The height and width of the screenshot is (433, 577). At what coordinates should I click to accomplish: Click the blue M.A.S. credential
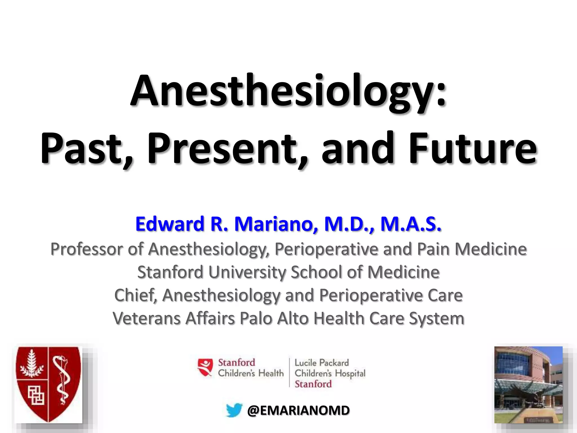411,224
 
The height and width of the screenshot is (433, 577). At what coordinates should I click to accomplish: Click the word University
247,272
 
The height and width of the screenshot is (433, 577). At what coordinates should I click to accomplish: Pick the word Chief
135,295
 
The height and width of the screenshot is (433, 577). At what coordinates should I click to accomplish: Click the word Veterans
147,319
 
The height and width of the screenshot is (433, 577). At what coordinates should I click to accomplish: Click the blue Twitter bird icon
234,410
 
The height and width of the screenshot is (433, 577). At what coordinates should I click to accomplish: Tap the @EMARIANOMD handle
298,410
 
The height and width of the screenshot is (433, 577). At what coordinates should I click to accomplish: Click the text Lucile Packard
321,363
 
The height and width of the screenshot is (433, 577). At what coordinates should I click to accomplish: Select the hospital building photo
528,385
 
